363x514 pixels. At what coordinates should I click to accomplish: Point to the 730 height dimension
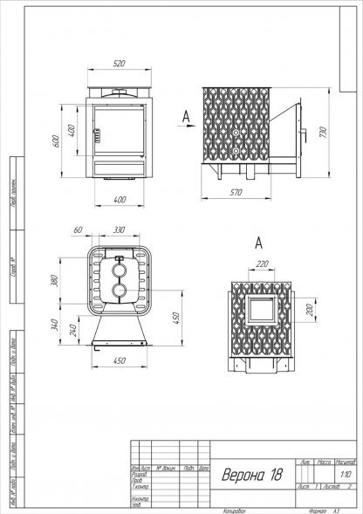coord(324,132)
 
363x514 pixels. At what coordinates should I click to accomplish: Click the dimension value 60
coord(78,230)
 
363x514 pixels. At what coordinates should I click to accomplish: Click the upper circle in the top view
coord(118,270)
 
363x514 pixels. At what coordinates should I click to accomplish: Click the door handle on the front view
coord(99,135)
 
